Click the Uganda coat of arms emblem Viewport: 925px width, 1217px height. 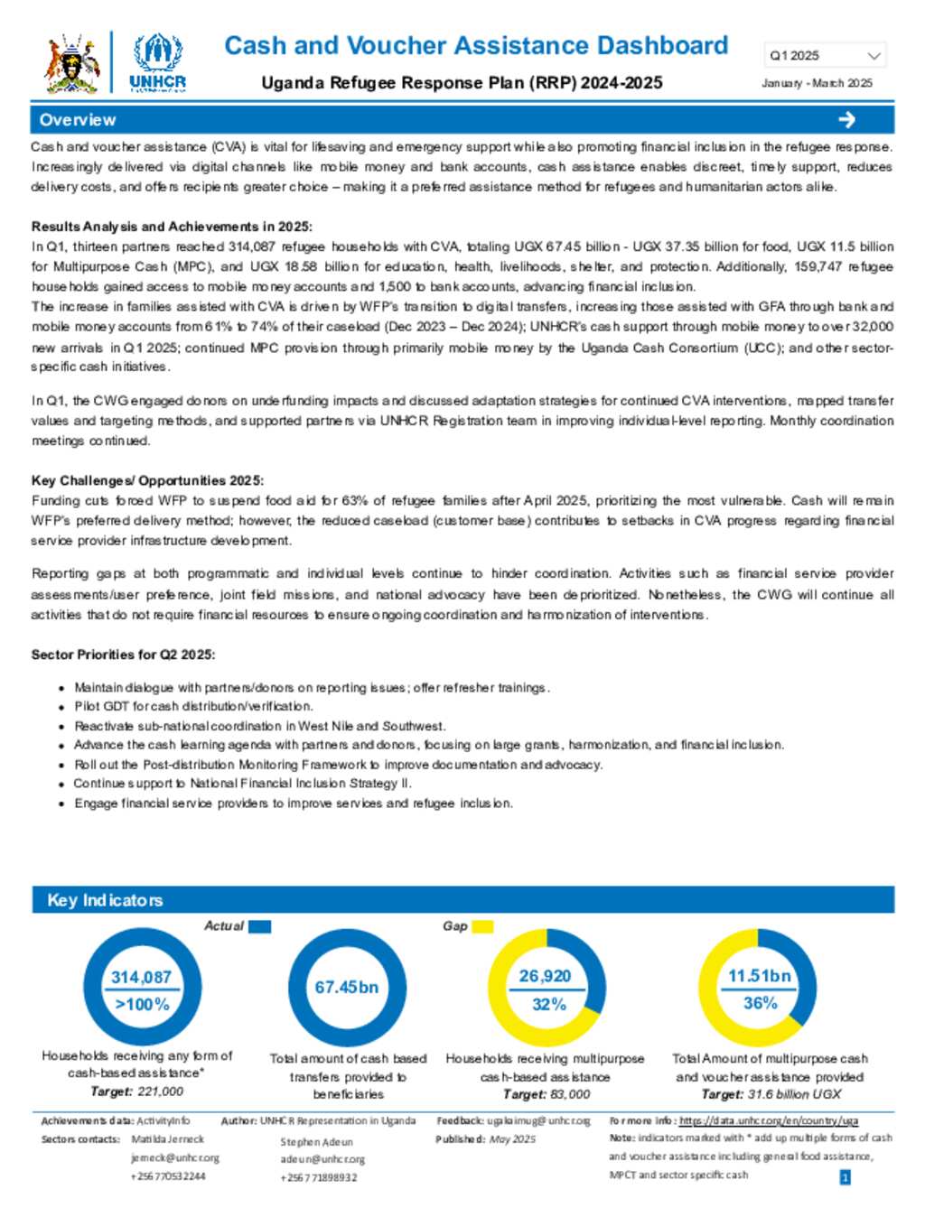click(72, 63)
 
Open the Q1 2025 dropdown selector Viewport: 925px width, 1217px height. click(825, 56)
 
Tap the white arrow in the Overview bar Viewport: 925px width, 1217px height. click(846, 120)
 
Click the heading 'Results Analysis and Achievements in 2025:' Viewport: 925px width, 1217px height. click(172, 227)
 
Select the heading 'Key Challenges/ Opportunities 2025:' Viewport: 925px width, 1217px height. click(147, 480)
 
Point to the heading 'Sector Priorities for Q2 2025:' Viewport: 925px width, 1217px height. click(123, 655)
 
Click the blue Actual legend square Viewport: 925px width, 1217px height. click(260, 926)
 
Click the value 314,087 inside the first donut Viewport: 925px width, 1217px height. click(141, 977)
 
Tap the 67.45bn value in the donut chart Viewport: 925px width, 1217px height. click(346, 988)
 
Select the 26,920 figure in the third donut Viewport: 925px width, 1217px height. click(545, 976)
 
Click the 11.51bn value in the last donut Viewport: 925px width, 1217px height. click(759, 976)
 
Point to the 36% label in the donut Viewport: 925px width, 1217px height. click(760, 1003)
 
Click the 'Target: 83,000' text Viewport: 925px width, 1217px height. click(546, 1094)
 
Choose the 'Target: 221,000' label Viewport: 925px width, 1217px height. click(136, 1092)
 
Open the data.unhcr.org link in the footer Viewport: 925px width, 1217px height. click(768, 1120)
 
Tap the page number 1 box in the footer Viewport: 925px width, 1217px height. click(845, 1177)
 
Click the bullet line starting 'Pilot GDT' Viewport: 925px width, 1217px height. click(193, 707)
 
